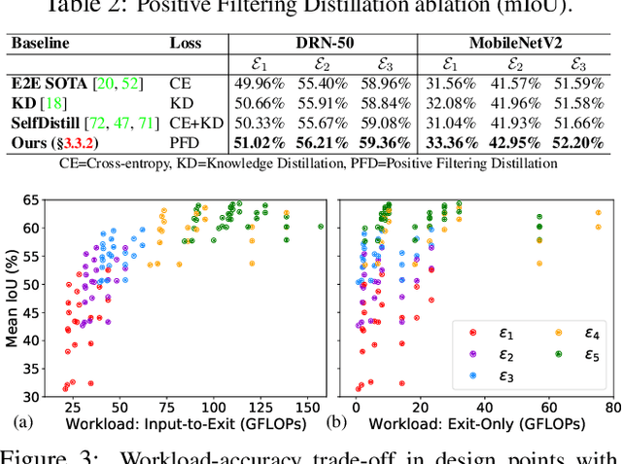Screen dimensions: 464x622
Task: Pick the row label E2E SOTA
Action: (x=44, y=85)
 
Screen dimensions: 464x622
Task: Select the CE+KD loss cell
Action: (x=191, y=125)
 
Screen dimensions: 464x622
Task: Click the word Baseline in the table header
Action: (x=40, y=44)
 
